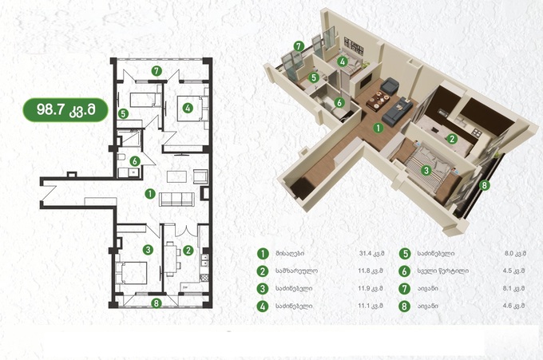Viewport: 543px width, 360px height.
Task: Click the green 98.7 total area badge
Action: [65, 109]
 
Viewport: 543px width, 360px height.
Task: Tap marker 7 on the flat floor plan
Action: [157, 71]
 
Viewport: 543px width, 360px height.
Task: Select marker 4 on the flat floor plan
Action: [188, 108]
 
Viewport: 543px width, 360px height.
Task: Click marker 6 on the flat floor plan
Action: [135, 161]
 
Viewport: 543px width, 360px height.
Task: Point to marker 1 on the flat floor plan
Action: [150, 194]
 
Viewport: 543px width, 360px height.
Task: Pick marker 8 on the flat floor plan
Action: [157, 303]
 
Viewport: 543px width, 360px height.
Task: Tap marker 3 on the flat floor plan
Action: [148, 250]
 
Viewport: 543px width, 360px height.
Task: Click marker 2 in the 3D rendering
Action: [452, 139]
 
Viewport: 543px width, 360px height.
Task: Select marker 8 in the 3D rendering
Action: [485, 185]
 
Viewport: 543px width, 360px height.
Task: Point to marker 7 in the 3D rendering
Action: [299, 46]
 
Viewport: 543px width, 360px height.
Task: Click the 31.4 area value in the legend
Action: [371, 253]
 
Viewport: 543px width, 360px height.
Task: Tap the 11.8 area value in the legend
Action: [371, 271]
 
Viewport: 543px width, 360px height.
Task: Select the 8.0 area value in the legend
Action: [515, 253]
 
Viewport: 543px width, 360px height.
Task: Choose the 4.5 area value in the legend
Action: [514, 271]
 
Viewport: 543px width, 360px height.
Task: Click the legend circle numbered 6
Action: [405, 271]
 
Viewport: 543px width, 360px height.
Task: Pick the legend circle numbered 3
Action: [263, 288]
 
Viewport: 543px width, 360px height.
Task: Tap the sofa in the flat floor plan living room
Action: [176, 200]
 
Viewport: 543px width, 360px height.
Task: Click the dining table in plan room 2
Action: [169, 259]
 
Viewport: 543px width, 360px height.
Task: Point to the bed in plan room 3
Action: [131, 273]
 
